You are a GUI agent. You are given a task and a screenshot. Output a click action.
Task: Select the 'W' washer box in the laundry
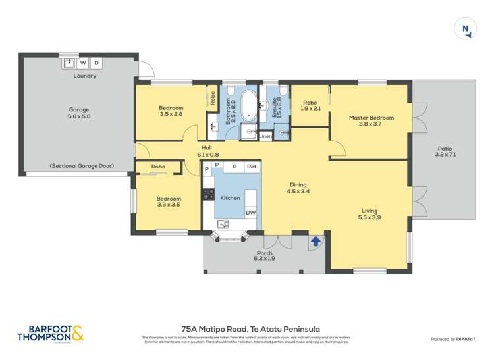[83, 63]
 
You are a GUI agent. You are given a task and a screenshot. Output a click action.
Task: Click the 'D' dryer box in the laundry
[96, 63]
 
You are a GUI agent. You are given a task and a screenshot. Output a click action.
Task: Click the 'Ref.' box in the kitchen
[252, 167]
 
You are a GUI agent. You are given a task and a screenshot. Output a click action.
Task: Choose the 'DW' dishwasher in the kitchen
[251, 213]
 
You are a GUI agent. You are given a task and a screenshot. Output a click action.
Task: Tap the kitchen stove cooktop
[208, 195]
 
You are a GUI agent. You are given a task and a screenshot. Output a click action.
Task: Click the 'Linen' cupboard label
[265, 136]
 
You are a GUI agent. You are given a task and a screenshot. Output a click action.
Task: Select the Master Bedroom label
[371, 122]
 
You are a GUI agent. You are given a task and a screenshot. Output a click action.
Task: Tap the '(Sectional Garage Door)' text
[82, 166]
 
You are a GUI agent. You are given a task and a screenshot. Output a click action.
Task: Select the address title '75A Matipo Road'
[246, 328]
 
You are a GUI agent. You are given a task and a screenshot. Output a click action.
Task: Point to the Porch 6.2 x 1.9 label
[265, 257]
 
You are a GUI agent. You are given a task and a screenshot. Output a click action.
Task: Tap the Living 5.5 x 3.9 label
[369, 215]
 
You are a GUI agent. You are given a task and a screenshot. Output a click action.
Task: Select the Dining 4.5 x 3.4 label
[298, 188]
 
